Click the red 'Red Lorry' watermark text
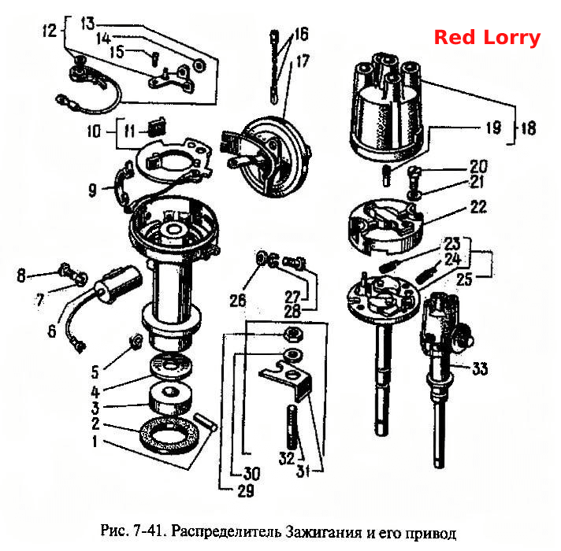coord(487,38)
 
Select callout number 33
coord(480,368)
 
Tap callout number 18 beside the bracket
coord(529,128)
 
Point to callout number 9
coord(92,190)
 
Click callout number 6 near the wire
coord(52,331)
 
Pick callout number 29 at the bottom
coord(246,491)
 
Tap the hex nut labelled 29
coord(293,335)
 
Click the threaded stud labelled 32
coord(292,427)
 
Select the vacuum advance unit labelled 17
coord(266,157)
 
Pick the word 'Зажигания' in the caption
coord(324,532)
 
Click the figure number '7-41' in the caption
coord(147,531)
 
